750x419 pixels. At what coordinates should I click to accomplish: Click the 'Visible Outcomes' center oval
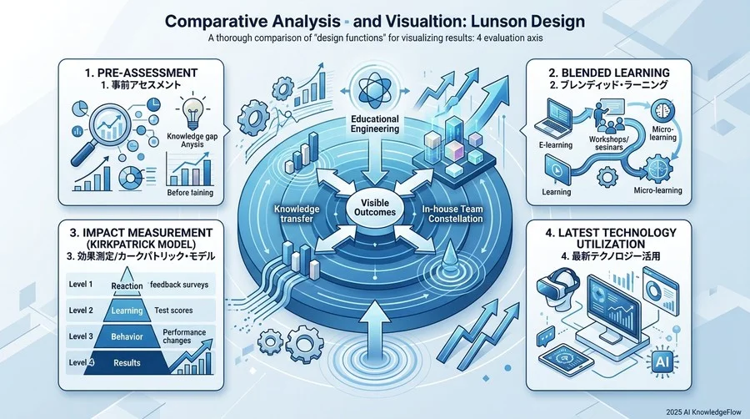(x=374, y=208)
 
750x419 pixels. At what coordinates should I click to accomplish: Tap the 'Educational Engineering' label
(x=374, y=124)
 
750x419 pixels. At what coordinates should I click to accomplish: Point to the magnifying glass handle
(x=82, y=154)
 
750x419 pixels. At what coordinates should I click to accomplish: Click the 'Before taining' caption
(x=190, y=193)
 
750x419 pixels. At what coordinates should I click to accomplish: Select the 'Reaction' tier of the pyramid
(x=127, y=281)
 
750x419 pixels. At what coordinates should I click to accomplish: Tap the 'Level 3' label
(x=81, y=336)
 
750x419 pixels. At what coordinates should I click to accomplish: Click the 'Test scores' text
(x=173, y=310)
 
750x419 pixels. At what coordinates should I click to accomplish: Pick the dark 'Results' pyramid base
(x=127, y=362)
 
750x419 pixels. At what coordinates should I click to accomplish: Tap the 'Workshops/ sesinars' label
(x=609, y=144)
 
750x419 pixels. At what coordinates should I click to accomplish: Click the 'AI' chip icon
(x=662, y=361)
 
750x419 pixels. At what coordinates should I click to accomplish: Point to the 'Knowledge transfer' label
(x=297, y=214)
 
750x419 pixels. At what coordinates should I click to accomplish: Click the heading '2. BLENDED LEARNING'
(x=608, y=73)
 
